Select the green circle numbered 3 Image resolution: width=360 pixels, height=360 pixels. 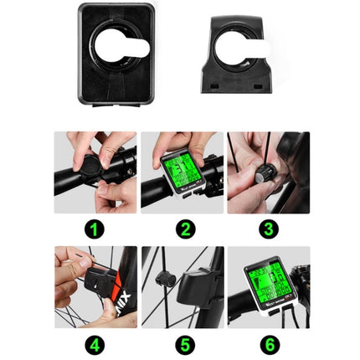pos(268,229)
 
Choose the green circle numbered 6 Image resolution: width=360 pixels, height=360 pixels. pos(268,343)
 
